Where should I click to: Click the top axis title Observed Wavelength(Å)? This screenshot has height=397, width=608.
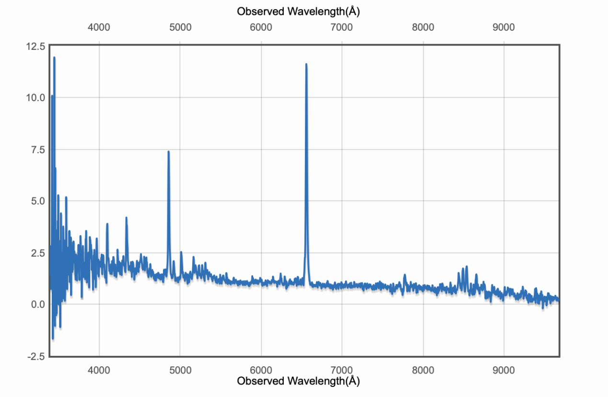pos(298,11)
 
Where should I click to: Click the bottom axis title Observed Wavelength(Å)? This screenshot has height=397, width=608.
pos(298,381)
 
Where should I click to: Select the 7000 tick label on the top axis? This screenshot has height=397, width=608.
pos(342,27)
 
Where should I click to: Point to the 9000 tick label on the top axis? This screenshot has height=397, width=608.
pos(504,27)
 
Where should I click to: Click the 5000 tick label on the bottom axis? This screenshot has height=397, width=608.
pos(180,370)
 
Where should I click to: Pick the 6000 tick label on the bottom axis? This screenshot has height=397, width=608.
pos(261,370)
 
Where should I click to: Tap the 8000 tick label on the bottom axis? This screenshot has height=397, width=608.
pos(423,370)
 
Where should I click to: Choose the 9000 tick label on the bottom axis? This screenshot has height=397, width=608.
pos(504,370)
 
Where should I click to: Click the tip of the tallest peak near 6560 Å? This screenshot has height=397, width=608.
pos(306,64)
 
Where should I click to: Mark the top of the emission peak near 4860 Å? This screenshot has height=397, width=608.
pos(168,152)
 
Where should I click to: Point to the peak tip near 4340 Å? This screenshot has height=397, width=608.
pos(126,218)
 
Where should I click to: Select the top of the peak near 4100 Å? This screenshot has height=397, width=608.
pos(107,224)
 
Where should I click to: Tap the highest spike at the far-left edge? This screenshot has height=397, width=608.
pos(54,58)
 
